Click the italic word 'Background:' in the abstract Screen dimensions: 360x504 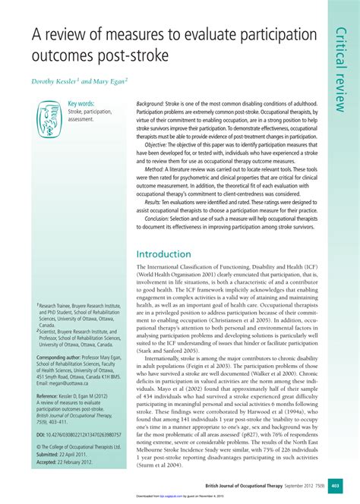155,102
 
